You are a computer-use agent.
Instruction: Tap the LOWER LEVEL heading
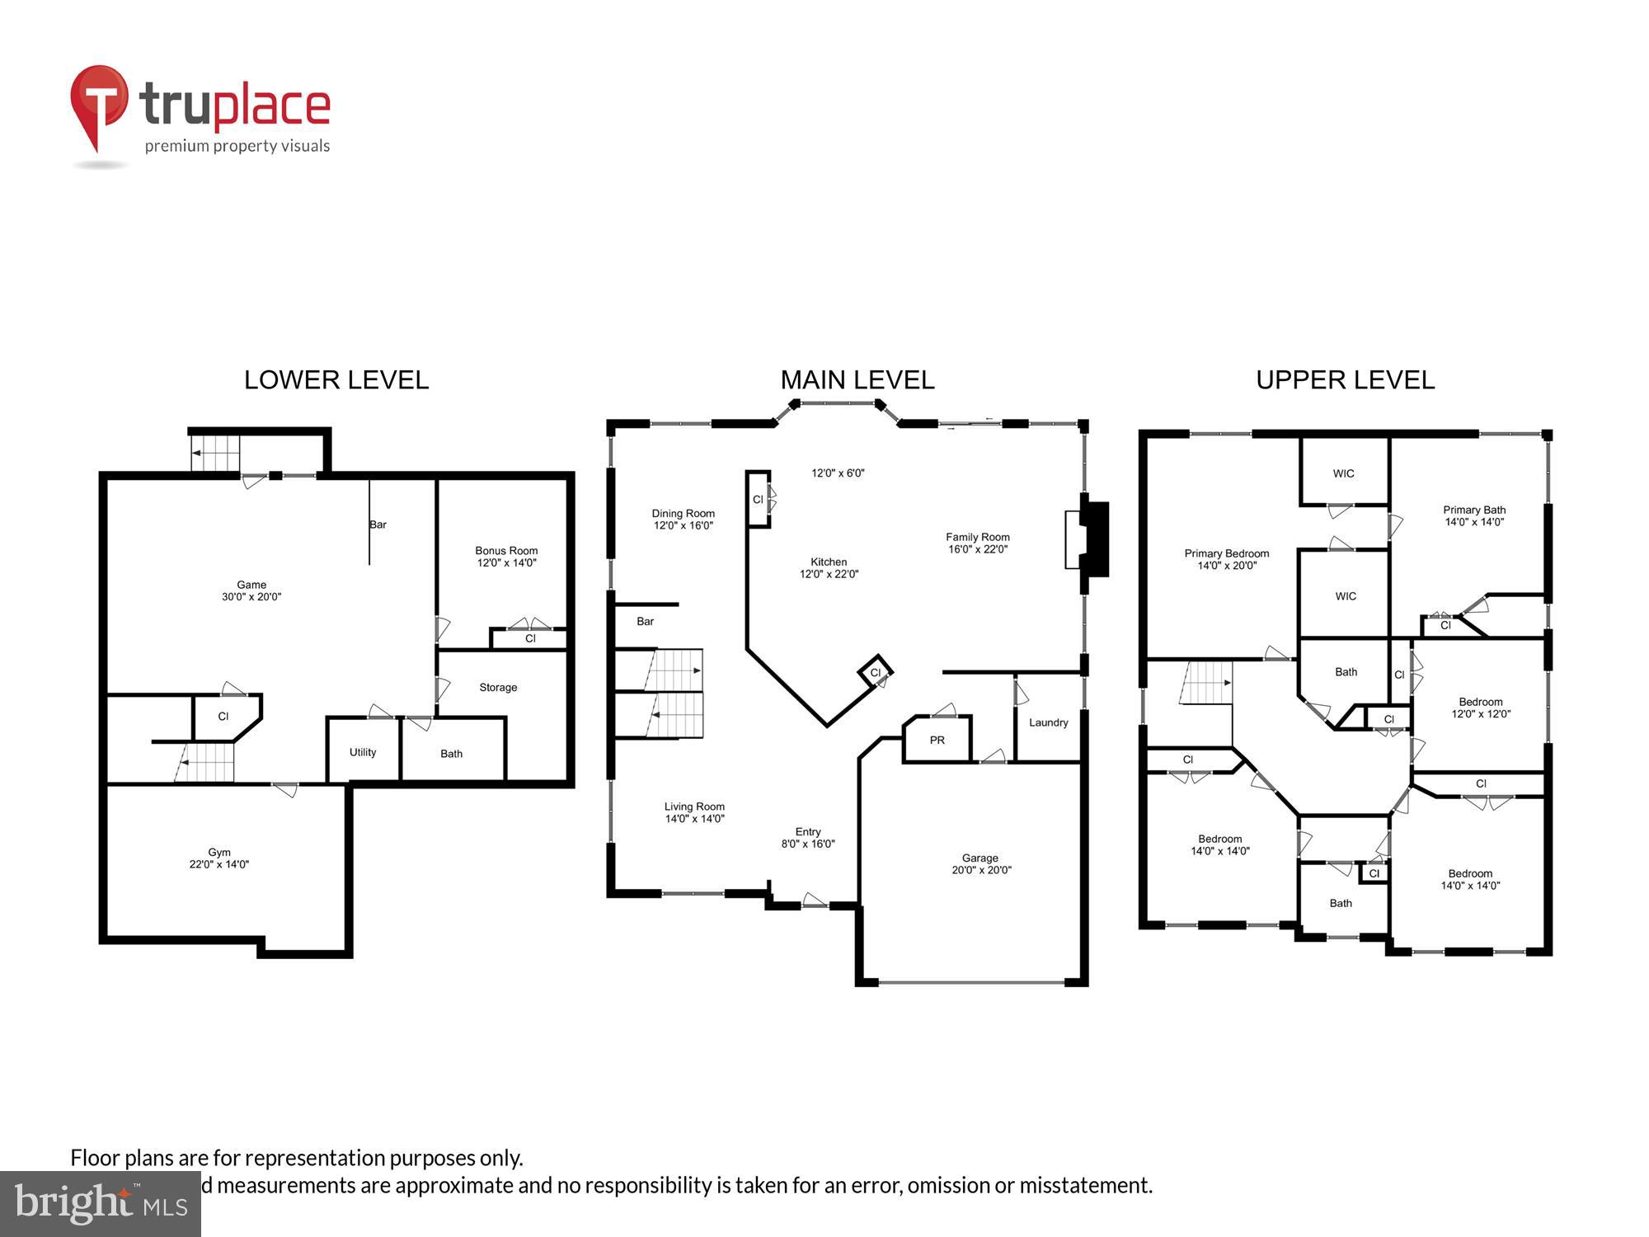coord(336,380)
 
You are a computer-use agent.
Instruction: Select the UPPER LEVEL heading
coord(1345,380)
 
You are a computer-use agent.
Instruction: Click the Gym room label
coord(218,858)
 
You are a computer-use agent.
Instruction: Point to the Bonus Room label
coord(506,557)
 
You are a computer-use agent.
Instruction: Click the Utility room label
coord(363,752)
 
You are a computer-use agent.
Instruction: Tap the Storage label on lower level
coord(498,687)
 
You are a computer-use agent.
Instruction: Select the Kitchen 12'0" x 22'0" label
coord(829,568)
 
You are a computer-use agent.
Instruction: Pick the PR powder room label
coord(937,741)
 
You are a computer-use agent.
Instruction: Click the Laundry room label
coord(1048,722)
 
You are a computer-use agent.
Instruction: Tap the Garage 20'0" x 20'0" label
coord(980,864)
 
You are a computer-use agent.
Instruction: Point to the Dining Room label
coord(684,519)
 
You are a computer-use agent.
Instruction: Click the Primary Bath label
coord(1474,515)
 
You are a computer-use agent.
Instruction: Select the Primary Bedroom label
coord(1227,559)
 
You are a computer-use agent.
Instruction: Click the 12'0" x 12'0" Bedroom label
coord(1481,708)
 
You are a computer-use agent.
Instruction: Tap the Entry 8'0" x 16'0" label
coord(808,838)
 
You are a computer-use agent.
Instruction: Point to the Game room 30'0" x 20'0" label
coord(251,590)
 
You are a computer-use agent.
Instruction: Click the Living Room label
coord(694,812)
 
